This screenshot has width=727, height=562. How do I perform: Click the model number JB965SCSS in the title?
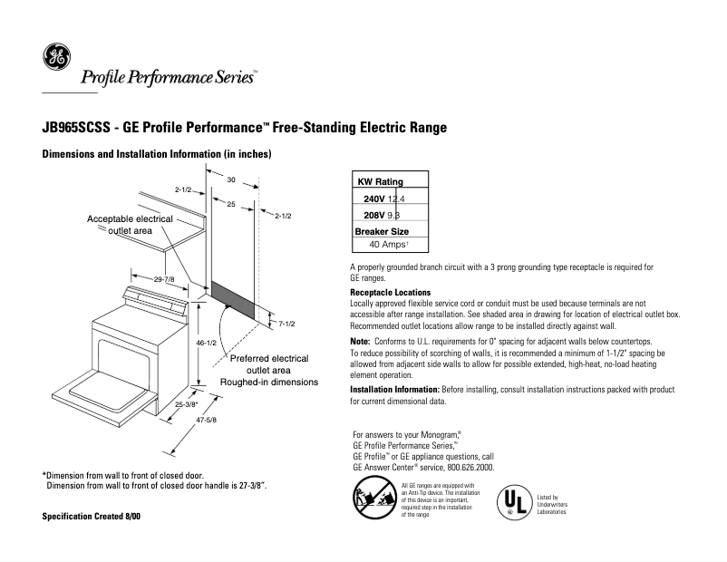point(79,128)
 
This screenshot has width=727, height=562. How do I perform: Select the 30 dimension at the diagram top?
point(231,179)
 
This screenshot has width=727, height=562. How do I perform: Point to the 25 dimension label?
point(231,205)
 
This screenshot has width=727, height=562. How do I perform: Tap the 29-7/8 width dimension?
point(164,279)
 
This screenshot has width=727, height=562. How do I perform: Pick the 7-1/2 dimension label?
point(286,324)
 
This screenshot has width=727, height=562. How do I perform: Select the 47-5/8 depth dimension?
point(208,420)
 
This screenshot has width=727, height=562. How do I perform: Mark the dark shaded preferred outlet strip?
point(234,298)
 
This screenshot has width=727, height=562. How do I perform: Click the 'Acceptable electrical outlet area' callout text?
point(130,225)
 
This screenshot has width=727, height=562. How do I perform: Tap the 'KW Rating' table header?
point(381,181)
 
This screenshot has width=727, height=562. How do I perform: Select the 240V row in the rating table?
point(384,199)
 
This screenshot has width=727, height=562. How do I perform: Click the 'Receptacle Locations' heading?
point(390,293)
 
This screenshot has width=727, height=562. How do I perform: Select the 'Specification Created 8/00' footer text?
point(92,516)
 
